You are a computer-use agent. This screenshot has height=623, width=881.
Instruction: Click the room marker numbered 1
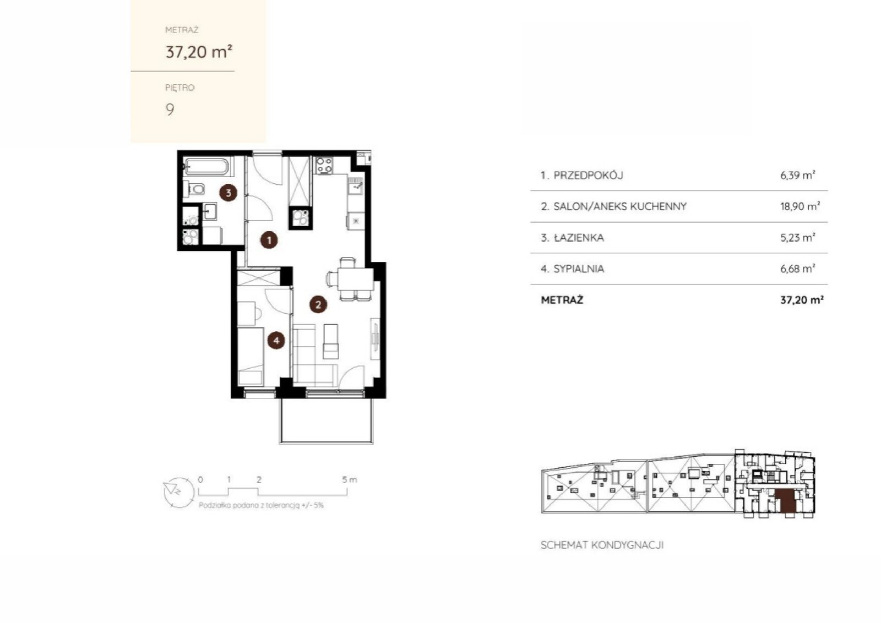tap(269, 240)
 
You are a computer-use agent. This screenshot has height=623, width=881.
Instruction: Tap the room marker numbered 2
tap(318, 304)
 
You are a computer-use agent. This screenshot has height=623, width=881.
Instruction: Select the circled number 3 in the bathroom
tap(228, 193)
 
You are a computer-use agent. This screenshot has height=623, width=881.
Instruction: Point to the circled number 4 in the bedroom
tap(276, 340)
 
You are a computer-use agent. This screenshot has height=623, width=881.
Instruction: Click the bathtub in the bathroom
tap(206, 166)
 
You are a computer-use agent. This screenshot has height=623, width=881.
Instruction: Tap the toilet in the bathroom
tap(195, 189)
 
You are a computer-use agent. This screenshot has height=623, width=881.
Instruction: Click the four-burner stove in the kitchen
tap(324, 165)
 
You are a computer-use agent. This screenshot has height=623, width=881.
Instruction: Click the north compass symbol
tap(179, 492)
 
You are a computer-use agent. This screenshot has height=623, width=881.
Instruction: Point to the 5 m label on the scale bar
tap(349, 479)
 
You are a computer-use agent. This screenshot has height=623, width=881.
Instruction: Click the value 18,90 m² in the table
tap(800, 206)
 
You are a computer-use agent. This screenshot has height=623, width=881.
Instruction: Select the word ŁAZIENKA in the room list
tap(579, 237)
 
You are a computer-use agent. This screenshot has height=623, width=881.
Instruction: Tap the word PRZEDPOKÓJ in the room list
tap(589, 176)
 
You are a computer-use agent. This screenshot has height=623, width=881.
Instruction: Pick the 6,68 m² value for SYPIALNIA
tap(798, 269)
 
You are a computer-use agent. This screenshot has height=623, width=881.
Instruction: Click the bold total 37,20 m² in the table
tap(802, 300)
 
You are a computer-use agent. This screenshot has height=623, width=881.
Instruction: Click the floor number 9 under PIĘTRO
tap(170, 110)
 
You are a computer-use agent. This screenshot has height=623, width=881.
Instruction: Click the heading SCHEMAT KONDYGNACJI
tap(602, 545)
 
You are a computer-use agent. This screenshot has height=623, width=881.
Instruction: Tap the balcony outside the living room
tap(326, 421)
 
